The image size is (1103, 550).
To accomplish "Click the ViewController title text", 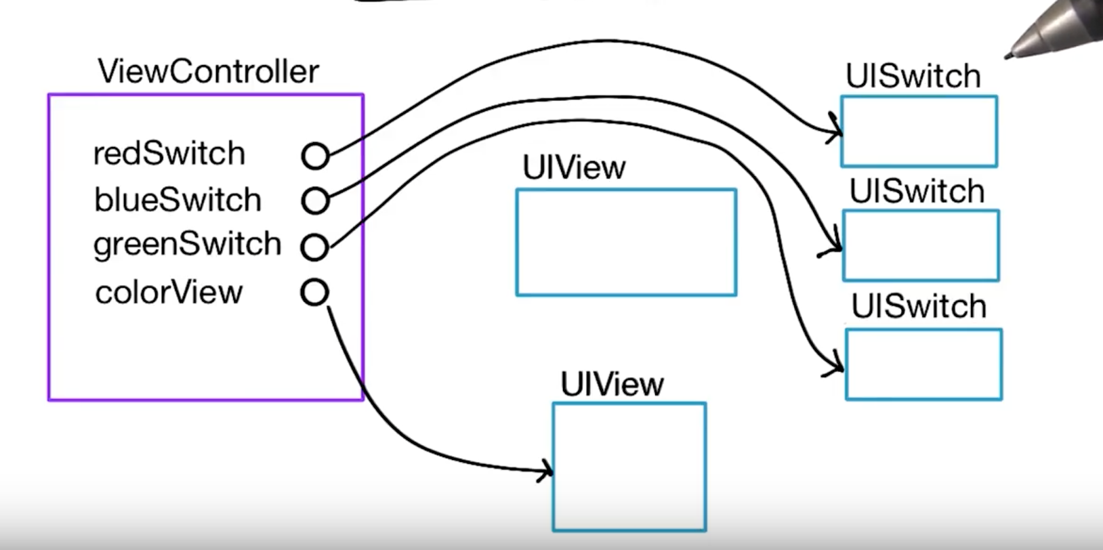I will (x=208, y=72).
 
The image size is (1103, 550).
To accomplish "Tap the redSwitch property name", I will (x=169, y=154).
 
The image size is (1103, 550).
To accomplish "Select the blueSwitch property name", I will (x=178, y=200).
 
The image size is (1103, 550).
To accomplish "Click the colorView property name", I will (x=169, y=293).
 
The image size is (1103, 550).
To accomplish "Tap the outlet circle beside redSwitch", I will (x=315, y=156).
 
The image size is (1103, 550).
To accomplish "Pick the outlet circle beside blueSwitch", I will (x=315, y=200).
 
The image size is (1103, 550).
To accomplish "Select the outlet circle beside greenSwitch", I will (x=314, y=247).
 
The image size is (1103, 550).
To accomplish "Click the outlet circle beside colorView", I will (x=314, y=293).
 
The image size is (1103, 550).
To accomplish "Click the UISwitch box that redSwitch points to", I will (x=919, y=131).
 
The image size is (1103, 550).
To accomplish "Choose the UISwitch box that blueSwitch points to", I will (x=921, y=245).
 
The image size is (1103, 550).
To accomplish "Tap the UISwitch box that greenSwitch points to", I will (x=923, y=364).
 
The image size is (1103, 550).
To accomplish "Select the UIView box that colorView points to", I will (x=629, y=467).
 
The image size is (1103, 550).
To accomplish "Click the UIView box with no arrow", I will (x=626, y=242).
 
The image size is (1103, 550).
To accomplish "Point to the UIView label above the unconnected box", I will (x=574, y=168).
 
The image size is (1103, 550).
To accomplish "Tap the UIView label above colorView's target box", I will (x=612, y=385).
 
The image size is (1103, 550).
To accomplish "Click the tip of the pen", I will (x=1008, y=56).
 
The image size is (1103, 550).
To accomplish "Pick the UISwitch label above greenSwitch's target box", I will (x=919, y=307).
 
